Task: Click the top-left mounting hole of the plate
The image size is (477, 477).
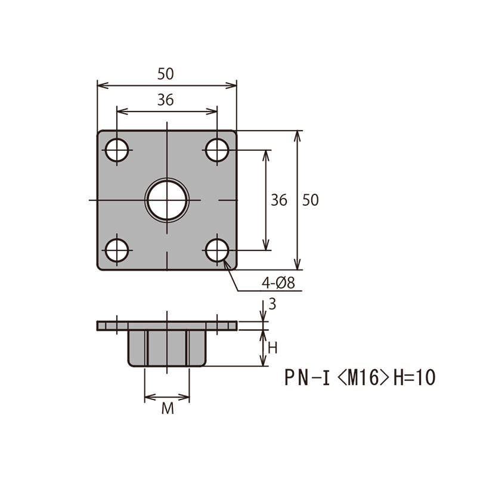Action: tap(117, 150)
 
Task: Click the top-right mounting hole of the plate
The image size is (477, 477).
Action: tap(217, 150)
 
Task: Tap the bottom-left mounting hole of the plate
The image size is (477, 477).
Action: tap(117, 250)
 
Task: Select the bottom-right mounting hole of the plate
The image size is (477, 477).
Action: tap(217, 250)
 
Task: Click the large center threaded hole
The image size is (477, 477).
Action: tap(167, 200)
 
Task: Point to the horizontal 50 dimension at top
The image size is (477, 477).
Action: tap(166, 74)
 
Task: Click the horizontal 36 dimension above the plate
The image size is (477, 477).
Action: tap(166, 100)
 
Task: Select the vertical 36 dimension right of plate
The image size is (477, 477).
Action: tap(279, 200)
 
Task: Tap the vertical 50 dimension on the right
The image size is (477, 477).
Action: tap(311, 200)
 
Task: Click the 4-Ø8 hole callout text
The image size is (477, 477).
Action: tap(278, 283)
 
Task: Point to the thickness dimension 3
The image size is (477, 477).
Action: tap(272, 304)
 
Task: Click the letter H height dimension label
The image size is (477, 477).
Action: tap(272, 348)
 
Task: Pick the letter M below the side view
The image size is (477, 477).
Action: tap(168, 408)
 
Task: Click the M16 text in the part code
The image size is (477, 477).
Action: tap(363, 377)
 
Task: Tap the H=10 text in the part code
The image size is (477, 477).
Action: tap(414, 377)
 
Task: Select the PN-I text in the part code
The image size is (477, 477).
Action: tap(307, 377)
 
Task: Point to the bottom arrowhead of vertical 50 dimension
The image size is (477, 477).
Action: tap(297, 264)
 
